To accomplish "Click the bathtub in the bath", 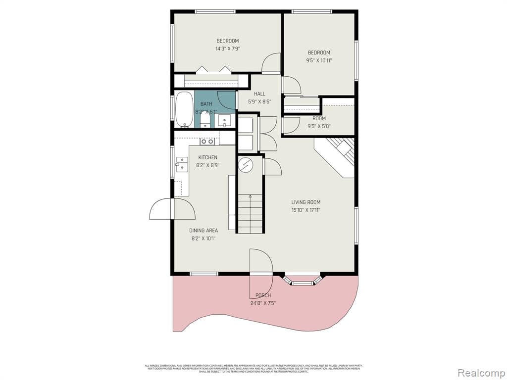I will [184, 109].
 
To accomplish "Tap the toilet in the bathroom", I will [205, 121].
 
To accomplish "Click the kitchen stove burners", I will [207, 142].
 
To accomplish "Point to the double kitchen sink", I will [182, 164].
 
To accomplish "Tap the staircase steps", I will [250, 213].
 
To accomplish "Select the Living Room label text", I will [305, 202].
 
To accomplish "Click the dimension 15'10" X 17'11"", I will [305, 210].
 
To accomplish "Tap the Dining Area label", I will [203, 231].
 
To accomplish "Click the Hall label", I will [259, 94].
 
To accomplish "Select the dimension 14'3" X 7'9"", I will [227, 48].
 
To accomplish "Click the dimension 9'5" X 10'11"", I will [319, 60].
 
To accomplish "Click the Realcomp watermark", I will [480, 372].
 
